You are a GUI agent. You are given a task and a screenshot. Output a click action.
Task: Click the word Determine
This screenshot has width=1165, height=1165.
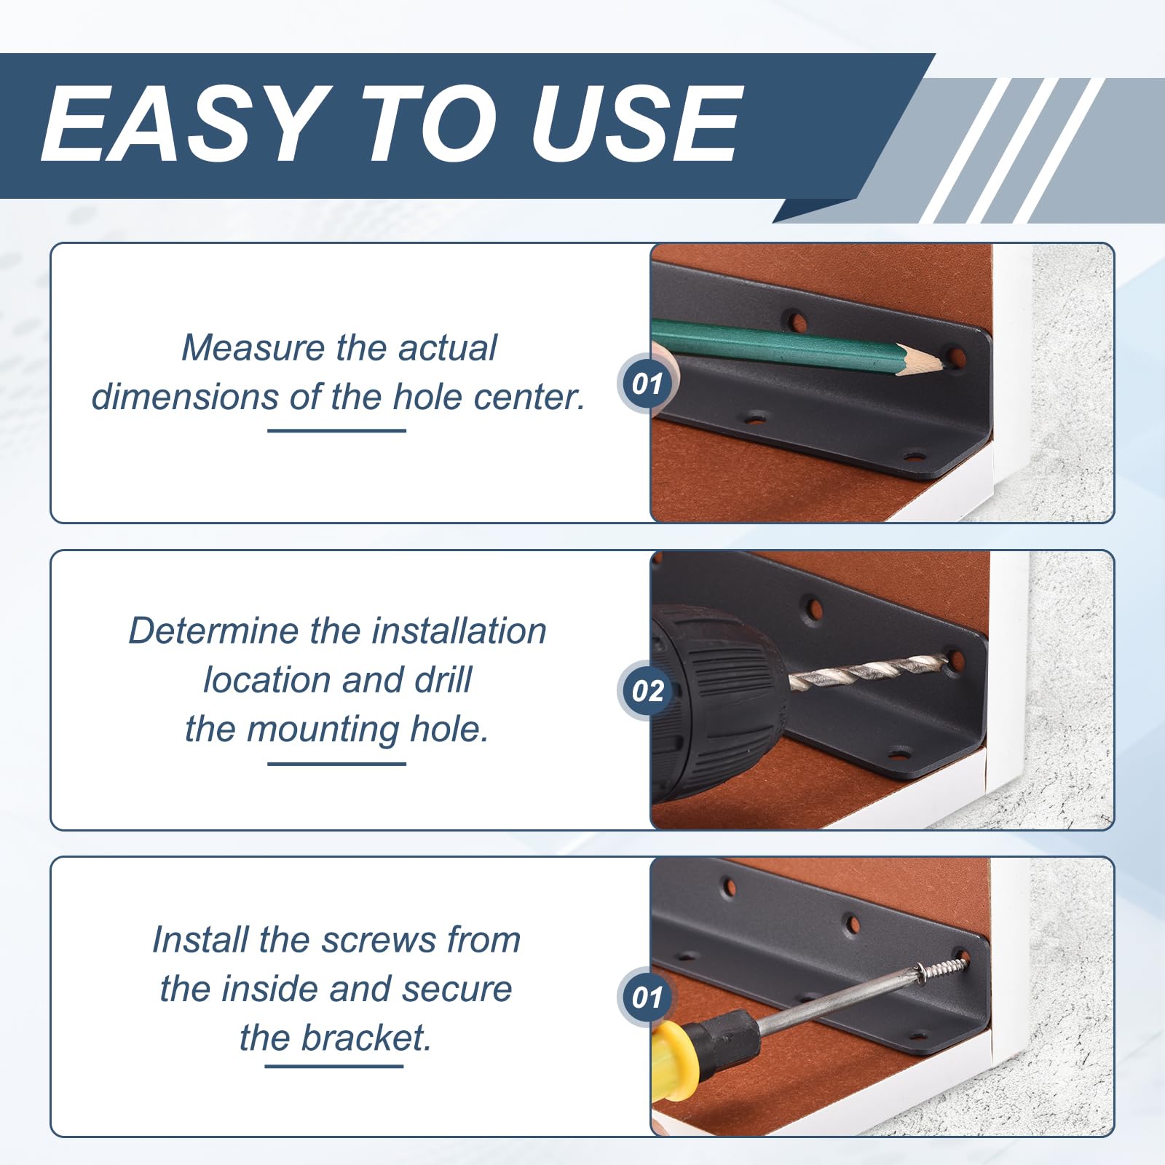click(213, 631)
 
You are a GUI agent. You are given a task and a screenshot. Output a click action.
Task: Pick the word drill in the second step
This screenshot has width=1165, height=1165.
click(443, 680)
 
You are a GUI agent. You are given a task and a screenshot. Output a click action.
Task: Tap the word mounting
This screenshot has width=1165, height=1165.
click(323, 730)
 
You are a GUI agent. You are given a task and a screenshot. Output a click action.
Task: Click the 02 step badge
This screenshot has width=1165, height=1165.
click(647, 690)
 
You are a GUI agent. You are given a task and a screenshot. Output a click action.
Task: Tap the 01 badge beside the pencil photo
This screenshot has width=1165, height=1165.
click(647, 384)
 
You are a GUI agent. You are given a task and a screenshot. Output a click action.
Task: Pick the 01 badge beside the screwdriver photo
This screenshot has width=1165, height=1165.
click(647, 998)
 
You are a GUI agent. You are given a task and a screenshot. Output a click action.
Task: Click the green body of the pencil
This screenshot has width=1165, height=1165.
click(772, 343)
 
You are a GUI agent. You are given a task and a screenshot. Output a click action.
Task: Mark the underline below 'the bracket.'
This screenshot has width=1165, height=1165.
click(334, 1067)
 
